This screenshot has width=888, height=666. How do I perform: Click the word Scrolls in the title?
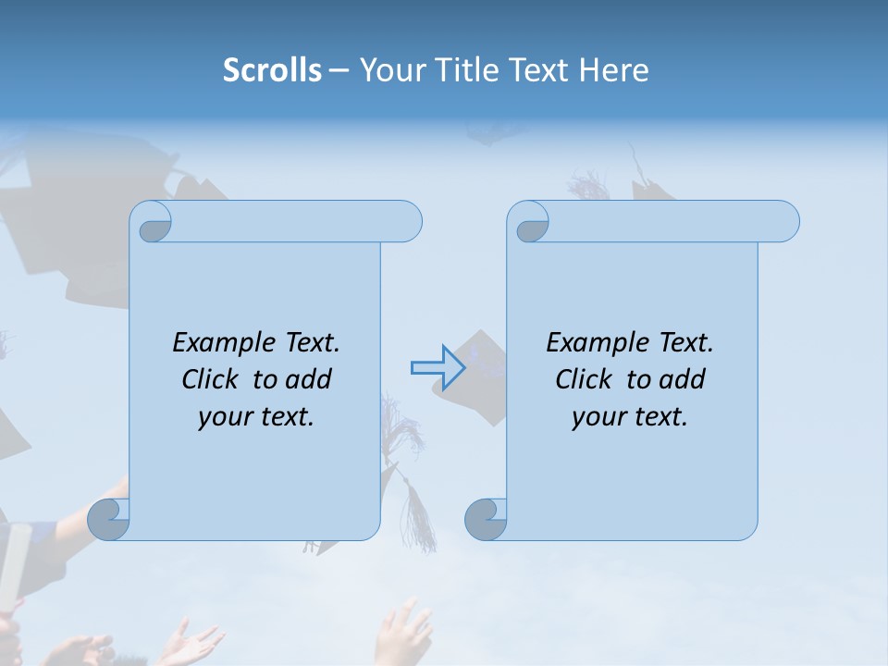[x=272, y=70]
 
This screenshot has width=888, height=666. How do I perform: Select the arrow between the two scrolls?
[x=438, y=367]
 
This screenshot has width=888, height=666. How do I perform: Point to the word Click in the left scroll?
[x=213, y=379]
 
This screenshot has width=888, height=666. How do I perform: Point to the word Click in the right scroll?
[x=586, y=379]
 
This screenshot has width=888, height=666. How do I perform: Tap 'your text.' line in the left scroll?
[x=256, y=417]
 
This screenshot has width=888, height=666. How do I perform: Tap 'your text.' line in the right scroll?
[x=630, y=417]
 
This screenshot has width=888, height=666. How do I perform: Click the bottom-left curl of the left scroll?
[x=108, y=519]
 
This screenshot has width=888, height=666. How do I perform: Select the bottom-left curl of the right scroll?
[x=485, y=519]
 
